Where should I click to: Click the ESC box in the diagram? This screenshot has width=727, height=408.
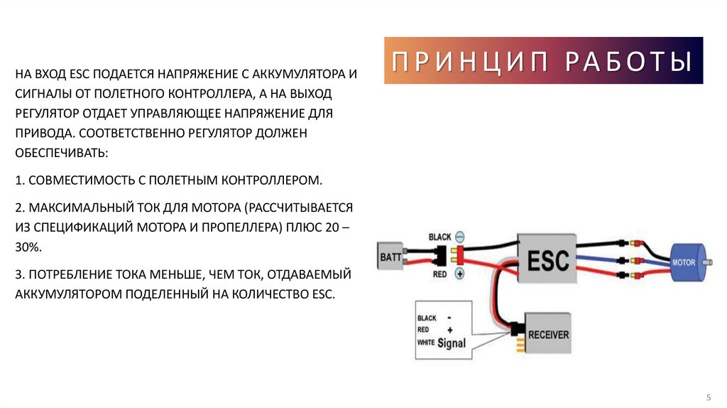pyautogui.click(x=549, y=260)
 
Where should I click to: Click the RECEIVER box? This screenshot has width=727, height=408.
pyautogui.click(x=548, y=333)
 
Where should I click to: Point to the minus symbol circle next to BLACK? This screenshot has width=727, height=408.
pyautogui.click(x=459, y=236)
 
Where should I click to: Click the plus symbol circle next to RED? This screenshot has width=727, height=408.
pyautogui.click(x=459, y=273)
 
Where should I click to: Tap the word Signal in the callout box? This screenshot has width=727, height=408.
pyautogui.click(x=451, y=343)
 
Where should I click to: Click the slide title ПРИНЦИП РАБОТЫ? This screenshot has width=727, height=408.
pyautogui.click(x=543, y=61)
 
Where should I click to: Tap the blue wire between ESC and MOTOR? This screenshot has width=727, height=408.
pyautogui.click(x=601, y=257)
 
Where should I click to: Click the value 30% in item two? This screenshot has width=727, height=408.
pyautogui.click(x=28, y=246)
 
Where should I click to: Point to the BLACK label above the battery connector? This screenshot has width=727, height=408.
pyautogui.click(x=440, y=236)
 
